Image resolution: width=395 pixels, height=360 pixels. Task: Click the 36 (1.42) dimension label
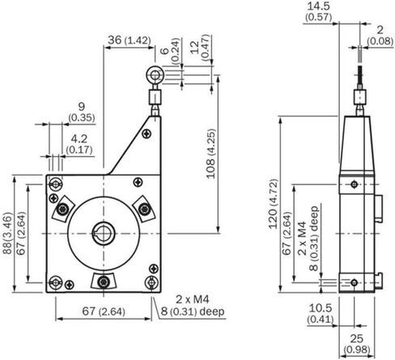tap(130, 40)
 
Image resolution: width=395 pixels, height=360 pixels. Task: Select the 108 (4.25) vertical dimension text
tap(211, 154)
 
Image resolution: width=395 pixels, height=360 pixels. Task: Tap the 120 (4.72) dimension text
tap(273, 204)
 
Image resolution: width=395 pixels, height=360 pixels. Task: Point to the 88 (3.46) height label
tap(7, 234)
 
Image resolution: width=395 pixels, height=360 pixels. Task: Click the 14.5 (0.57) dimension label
tap(319, 11)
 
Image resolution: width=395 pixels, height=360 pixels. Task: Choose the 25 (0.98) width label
tap(357, 344)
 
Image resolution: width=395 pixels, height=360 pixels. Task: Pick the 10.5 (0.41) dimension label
tap(321, 313)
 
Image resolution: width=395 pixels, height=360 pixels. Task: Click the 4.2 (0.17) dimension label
tap(79, 144)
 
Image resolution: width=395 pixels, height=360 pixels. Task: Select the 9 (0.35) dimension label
tap(82, 112)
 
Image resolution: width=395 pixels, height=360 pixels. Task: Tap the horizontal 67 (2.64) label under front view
tap(104, 311)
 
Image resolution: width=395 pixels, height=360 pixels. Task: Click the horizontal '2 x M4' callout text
tap(193, 299)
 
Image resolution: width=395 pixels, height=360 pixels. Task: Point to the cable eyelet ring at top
tap(155, 74)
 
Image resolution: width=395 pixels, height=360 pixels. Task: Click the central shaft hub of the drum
tap(104, 233)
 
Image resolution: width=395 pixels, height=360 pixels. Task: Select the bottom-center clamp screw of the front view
tap(104, 282)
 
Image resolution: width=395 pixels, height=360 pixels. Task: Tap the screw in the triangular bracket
tap(147, 133)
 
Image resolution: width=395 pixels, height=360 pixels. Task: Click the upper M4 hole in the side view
tap(355, 184)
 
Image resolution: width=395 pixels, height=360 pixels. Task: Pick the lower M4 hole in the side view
tap(355, 283)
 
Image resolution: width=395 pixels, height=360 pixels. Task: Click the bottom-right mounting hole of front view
tap(151, 282)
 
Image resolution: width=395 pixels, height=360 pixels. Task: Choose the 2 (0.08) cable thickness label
tap(380, 36)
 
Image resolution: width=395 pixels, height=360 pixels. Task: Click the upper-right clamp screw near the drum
tap(144, 209)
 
